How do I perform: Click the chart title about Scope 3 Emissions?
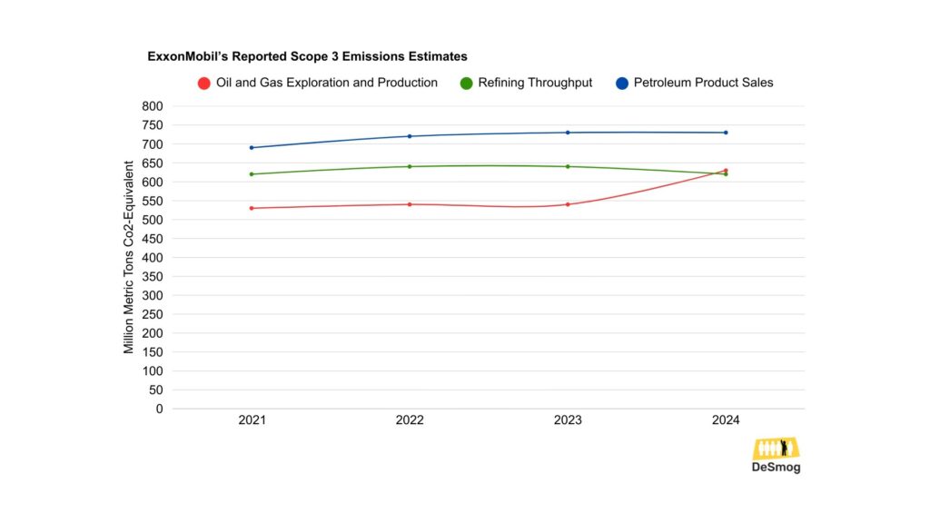pyautogui.click(x=308, y=56)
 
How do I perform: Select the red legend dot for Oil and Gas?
pyautogui.click(x=204, y=84)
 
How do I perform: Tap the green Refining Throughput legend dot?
pyautogui.click(x=466, y=84)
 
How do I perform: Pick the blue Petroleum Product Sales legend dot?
pyautogui.click(x=622, y=84)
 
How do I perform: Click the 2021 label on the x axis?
pyautogui.click(x=252, y=420)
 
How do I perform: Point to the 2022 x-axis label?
pyautogui.click(x=410, y=420)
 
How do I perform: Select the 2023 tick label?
pyautogui.click(x=568, y=420)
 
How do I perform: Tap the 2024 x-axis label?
pyautogui.click(x=726, y=420)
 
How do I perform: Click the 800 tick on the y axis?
pyautogui.click(x=153, y=106)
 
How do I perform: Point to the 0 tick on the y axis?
pyautogui.click(x=159, y=409)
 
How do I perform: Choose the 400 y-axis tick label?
pyautogui.click(x=153, y=258)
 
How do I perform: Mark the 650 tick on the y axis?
pyautogui.click(x=153, y=163)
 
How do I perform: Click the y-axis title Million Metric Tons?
pyautogui.click(x=129, y=257)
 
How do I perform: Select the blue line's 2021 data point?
pyautogui.click(x=252, y=148)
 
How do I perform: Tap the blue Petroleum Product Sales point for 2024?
pyautogui.click(x=726, y=133)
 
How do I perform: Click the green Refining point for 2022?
pyautogui.click(x=410, y=166)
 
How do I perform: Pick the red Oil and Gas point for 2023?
pyautogui.click(x=568, y=204)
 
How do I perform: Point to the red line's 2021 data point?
pyautogui.click(x=252, y=208)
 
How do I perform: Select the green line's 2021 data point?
pyautogui.click(x=252, y=174)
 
